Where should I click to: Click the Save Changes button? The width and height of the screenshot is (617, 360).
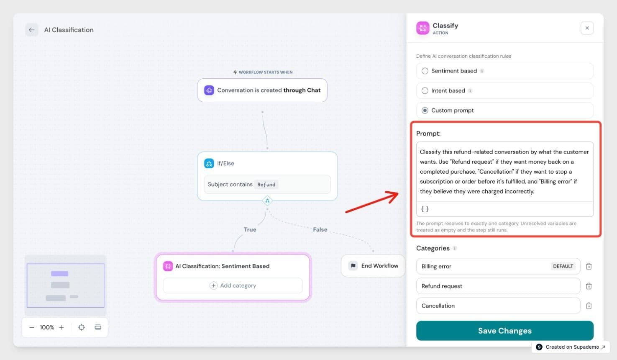pyautogui.click(x=504, y=331)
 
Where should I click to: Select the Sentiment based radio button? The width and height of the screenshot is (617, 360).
pyautogui.click(x=425, y=71)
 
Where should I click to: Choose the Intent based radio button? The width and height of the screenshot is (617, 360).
pyautogui.click(x=425, y=91)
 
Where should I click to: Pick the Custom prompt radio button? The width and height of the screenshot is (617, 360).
pyautogui.click(x=425, y=111)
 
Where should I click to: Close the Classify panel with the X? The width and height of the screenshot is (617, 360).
pyautogui.click(x=587, y=28)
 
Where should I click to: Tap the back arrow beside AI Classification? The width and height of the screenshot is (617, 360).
pyautogui.click(x=32, y=30)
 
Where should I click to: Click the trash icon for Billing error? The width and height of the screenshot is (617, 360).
pyautogui.click(x=589, y=266)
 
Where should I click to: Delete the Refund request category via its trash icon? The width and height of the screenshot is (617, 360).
pyautogui.click(x=589, y=286)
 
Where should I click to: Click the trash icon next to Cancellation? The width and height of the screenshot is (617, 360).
pyautogui.click(x=589, y=306)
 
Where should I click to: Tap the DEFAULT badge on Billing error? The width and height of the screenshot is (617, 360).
pyautogui.click(x=563, y=266)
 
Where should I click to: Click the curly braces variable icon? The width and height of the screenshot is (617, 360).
pyautogui.click(x=425, y=209)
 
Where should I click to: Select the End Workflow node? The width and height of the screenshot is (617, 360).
pyautogui.click(x=373, y=266)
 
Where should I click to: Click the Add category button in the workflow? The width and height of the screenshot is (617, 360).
pyautogui.click(x=233, y=285)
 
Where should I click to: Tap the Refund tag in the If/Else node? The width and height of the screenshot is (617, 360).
pyautogui.click(x=266, y=185)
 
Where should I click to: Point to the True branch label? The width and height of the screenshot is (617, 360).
pyautogui.click(x=250, y=230)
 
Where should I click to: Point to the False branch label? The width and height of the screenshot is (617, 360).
pyautogui.click(x=320, y=230)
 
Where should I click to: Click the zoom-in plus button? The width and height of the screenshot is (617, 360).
pyautogui.click(x=61, y=327)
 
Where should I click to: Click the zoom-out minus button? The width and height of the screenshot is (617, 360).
pyautogui.click(x=32, y=327)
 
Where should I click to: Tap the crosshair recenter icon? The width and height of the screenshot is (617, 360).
pyautogui.click(x=82, y=327)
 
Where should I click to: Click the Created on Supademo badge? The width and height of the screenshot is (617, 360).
pyautogui.click(x=571, y=347)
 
